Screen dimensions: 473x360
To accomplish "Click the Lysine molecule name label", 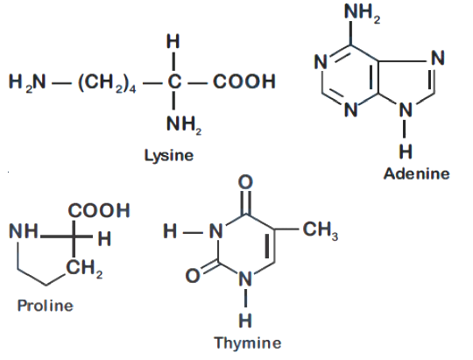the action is point(169,156).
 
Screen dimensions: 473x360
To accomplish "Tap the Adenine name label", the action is point(417,173).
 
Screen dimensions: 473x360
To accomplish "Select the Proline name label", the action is point(46,306).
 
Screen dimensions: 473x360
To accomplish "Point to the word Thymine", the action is point(248,342).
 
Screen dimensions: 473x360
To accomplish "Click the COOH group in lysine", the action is point(244,81).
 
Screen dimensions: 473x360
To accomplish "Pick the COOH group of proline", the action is point(99,210).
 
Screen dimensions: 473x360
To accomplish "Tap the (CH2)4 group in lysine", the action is point(107,82).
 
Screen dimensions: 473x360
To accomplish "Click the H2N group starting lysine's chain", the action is point(27,82).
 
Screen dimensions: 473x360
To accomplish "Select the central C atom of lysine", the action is point(174,81).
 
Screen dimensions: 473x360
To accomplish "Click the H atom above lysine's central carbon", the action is point(173,41).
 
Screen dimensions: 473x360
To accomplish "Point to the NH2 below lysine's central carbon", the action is point(184,124).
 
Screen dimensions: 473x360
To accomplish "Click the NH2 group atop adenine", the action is point(362,12).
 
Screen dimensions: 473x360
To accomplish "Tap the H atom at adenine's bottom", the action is point(406,152).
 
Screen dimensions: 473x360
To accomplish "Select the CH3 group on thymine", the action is point(321,230).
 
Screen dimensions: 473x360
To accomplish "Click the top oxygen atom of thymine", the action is point(245,182).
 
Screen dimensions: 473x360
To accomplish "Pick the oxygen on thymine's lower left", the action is point(193,276).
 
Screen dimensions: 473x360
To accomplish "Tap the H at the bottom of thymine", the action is point(245,321).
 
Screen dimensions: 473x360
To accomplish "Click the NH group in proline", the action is point(24,231).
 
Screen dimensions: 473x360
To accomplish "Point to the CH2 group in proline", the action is point(84,268).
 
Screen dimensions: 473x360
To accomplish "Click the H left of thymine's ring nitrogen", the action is point(170,231).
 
